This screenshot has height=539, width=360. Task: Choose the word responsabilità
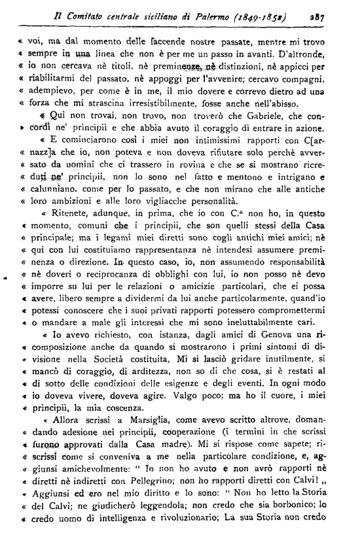click(x=297, y=280)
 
